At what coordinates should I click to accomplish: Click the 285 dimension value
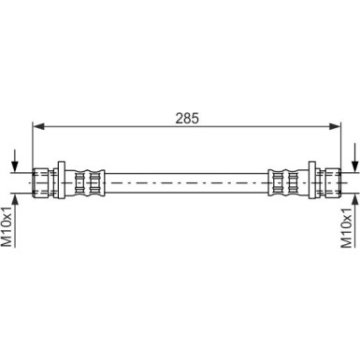(187, 119)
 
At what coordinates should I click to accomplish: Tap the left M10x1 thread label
(7, 226)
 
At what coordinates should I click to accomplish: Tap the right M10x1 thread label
(346, 227)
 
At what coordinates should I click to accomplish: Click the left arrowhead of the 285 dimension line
(38, 126)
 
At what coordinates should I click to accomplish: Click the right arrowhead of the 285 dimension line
(335, 126)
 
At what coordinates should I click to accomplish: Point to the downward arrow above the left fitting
(15, 162)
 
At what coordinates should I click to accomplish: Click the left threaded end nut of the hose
(40, 182)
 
